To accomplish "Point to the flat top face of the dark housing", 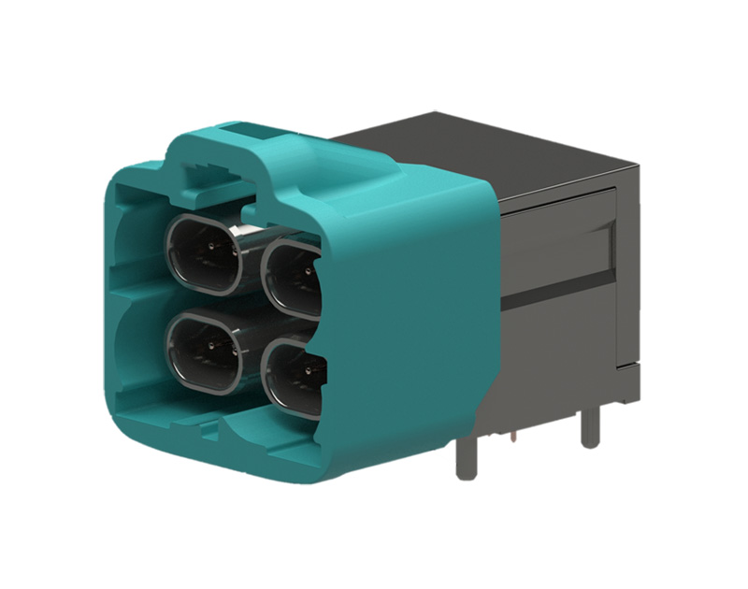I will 486,150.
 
